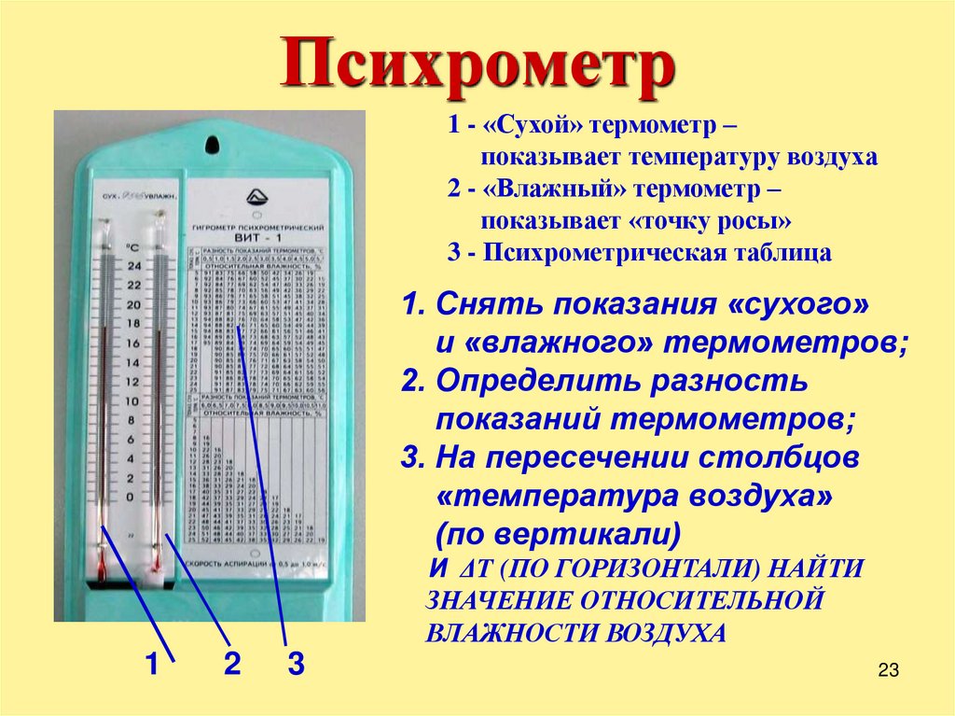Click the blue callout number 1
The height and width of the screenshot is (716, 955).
pos(150,665)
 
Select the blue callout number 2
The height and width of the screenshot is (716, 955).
pos(232,664)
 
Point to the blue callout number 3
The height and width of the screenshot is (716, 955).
pos(296,665)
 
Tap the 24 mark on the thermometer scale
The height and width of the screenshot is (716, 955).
pos(133,266)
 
